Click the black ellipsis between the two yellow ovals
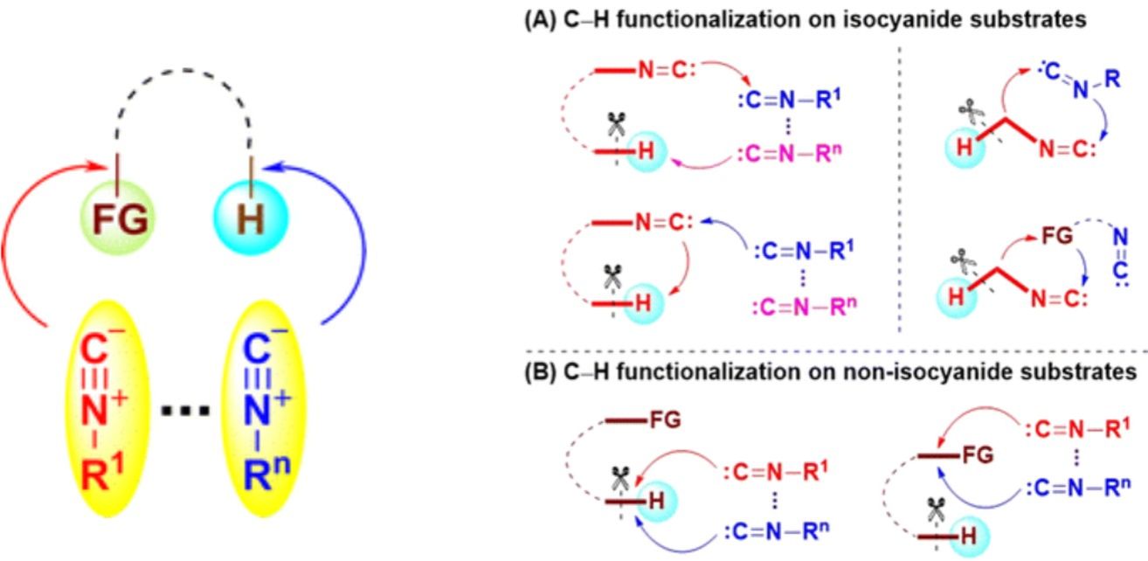[x=185, y=409]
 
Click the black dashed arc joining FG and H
[x=183, y=85]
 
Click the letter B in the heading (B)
[x=536, y=371]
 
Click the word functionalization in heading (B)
[x=700, y=371]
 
